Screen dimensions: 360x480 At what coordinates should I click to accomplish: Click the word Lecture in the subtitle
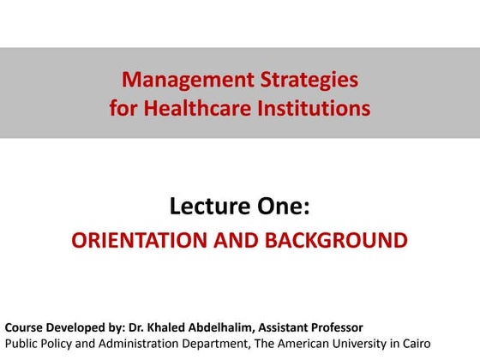[x=204, y=207]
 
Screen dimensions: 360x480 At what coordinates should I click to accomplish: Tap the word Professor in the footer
[x=333, y=327]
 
